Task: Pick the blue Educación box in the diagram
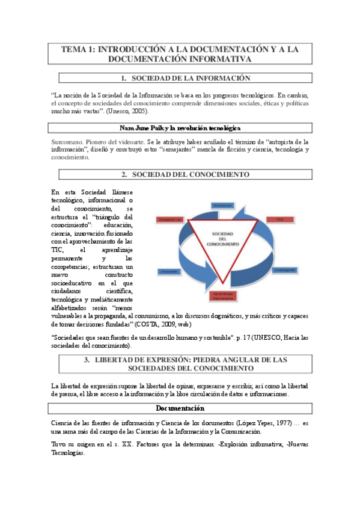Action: tap(169, 271)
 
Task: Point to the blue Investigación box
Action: tap(284, 270)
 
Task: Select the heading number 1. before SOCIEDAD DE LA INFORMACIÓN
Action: tap(123, 78)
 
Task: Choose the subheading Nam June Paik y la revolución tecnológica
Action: tap(180, 128)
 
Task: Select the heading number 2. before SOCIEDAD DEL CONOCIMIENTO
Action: tap(124, 174)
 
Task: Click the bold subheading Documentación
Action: tap(180, 408)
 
